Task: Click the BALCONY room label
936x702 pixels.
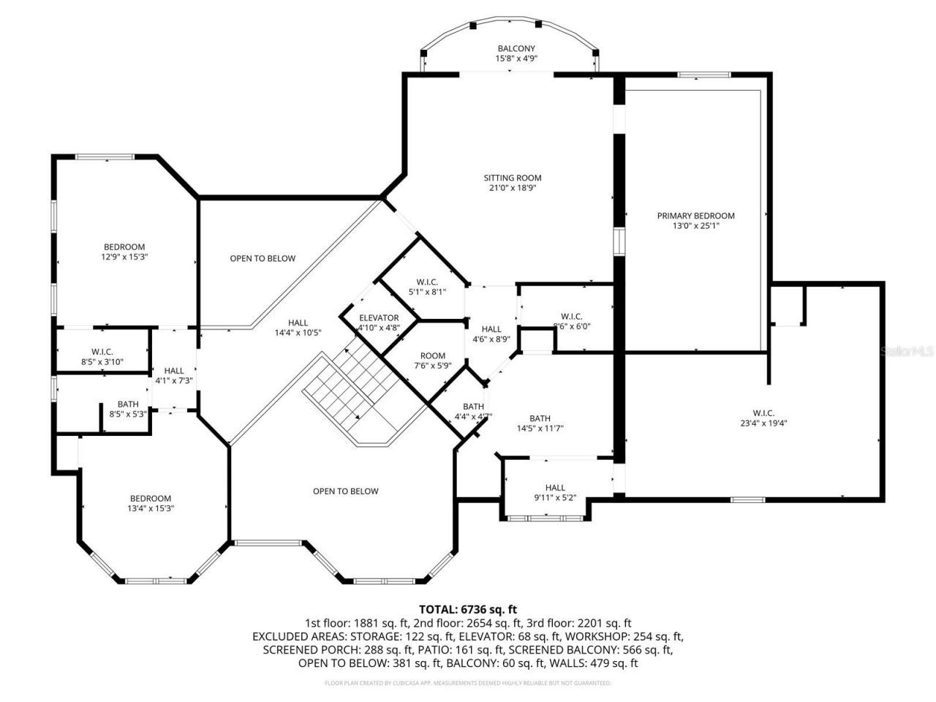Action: click(516, 48)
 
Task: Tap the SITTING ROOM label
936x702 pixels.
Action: click(512, 178)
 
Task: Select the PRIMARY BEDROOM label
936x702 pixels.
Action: click(695, 216)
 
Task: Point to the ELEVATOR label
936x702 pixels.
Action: click(379, 318)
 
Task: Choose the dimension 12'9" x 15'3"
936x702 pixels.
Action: click(124, 257)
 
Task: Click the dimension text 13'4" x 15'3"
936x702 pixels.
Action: click(150, 508)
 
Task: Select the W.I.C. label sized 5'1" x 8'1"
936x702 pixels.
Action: click(426, 282)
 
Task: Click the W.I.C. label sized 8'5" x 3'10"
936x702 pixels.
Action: click(102, 352)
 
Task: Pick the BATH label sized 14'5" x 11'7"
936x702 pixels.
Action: click(540, 418)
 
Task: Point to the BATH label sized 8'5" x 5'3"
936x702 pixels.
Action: click(128, 404)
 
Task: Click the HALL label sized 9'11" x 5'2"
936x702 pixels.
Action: click(555, 488)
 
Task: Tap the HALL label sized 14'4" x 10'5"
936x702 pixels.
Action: click(298, 322)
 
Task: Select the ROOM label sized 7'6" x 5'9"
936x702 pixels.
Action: click(432, 355)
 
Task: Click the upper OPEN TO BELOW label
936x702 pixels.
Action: click(263, 258)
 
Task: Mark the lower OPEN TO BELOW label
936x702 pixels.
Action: click(345, 491)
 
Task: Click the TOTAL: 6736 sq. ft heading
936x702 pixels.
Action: click(468, 608)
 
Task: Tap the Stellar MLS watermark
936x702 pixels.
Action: click(907, 351)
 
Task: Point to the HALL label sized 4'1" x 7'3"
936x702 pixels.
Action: click(174, 371)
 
